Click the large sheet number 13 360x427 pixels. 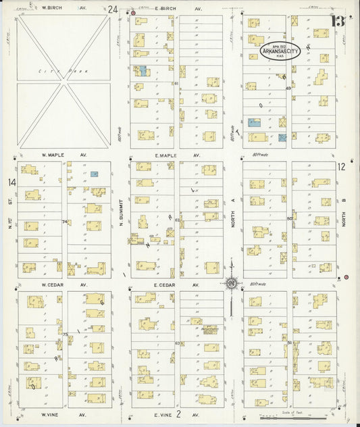(337, 20)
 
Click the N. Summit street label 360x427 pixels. (121, 216)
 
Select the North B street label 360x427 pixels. (344, 216)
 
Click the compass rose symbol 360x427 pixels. (231, 283)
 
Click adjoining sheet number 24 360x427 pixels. (112, 9)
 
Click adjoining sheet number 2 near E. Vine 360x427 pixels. (179, 413)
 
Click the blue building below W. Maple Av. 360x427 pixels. (95, 174)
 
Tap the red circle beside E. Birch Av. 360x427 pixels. (133, 13)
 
